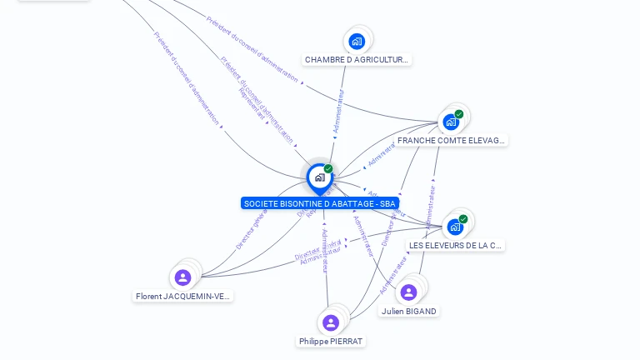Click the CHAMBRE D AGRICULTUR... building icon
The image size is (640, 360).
(357, 41)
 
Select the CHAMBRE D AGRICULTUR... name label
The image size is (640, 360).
(357, 60)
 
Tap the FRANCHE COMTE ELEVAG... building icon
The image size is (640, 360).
(451, 122)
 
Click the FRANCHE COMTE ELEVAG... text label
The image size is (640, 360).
(451, 141)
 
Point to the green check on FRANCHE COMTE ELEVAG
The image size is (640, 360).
(459, 114)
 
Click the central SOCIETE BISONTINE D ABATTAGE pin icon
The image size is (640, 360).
(319, 177)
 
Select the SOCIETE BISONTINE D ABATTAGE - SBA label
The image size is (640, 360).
(320, 203)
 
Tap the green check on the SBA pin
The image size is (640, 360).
(328, 169)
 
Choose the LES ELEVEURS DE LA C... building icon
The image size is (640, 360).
(455, 227)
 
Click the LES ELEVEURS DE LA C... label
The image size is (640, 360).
(456, 246)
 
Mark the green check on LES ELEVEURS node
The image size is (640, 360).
(463, 219)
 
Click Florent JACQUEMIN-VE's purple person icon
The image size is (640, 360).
(183, 277)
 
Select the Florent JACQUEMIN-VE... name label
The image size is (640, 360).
(183, 296)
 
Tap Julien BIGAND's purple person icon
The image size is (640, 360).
(408, 292)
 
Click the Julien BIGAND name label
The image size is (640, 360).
(408, 312)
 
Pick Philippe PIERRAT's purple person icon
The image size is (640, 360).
(331, 322)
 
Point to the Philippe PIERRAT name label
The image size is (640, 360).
(331, 342)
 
